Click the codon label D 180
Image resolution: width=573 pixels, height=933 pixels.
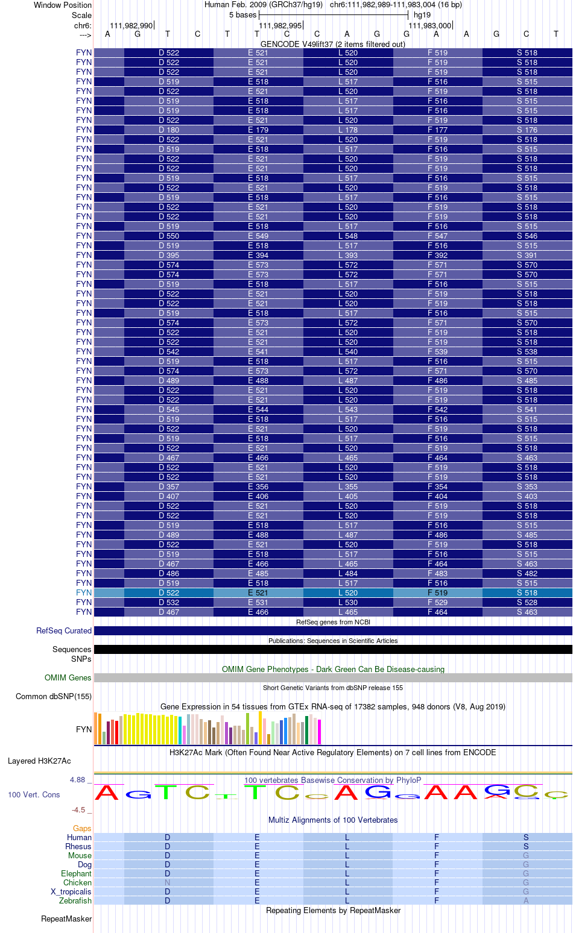click(169, 130)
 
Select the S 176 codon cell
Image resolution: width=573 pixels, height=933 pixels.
click(527, 130)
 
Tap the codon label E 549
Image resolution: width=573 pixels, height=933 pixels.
click(258, 236)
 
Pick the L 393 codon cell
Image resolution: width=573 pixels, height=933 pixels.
click(348, 255)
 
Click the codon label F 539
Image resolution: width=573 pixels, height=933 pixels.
click(437, 351)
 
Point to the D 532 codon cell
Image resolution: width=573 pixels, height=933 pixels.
click(169, 602)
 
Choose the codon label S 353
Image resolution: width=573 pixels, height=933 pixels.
click(527, 486)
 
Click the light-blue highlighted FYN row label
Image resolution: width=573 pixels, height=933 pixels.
click(84, 592)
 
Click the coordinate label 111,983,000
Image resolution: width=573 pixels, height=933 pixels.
click(429, 25)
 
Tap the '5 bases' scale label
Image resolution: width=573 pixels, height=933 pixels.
click(242, 15)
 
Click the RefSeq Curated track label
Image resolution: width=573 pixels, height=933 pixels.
click(64, 630)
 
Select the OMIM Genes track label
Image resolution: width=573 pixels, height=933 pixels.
click(68, 677)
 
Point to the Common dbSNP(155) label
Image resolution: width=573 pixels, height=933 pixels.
click(54, 696)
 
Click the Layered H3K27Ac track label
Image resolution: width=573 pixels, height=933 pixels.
click(39, 761)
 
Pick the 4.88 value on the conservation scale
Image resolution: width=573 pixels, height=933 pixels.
click(77, 780)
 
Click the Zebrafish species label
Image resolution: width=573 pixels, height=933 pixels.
click(75, 900)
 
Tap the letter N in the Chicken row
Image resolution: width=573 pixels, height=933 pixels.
click(168, 882)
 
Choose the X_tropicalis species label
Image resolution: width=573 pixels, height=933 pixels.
click(71, 891)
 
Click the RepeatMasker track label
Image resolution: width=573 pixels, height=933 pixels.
click(66, 919)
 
